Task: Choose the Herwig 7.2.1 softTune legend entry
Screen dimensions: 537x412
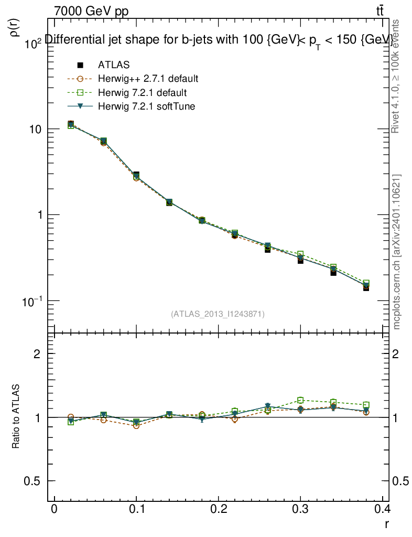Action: (146, 106)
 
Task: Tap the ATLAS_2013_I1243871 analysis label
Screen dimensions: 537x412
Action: (218, 314)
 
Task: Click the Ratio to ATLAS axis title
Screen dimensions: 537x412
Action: (16, 416)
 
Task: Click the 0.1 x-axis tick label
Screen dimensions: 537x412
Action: (136, 509)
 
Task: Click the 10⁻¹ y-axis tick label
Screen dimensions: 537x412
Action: (32, 301)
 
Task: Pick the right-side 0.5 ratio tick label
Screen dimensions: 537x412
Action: (402, 481)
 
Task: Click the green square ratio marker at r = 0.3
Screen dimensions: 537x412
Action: (300, 401)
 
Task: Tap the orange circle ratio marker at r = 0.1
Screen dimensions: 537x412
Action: (136, 425)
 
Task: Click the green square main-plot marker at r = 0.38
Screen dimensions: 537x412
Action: (366, 283)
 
